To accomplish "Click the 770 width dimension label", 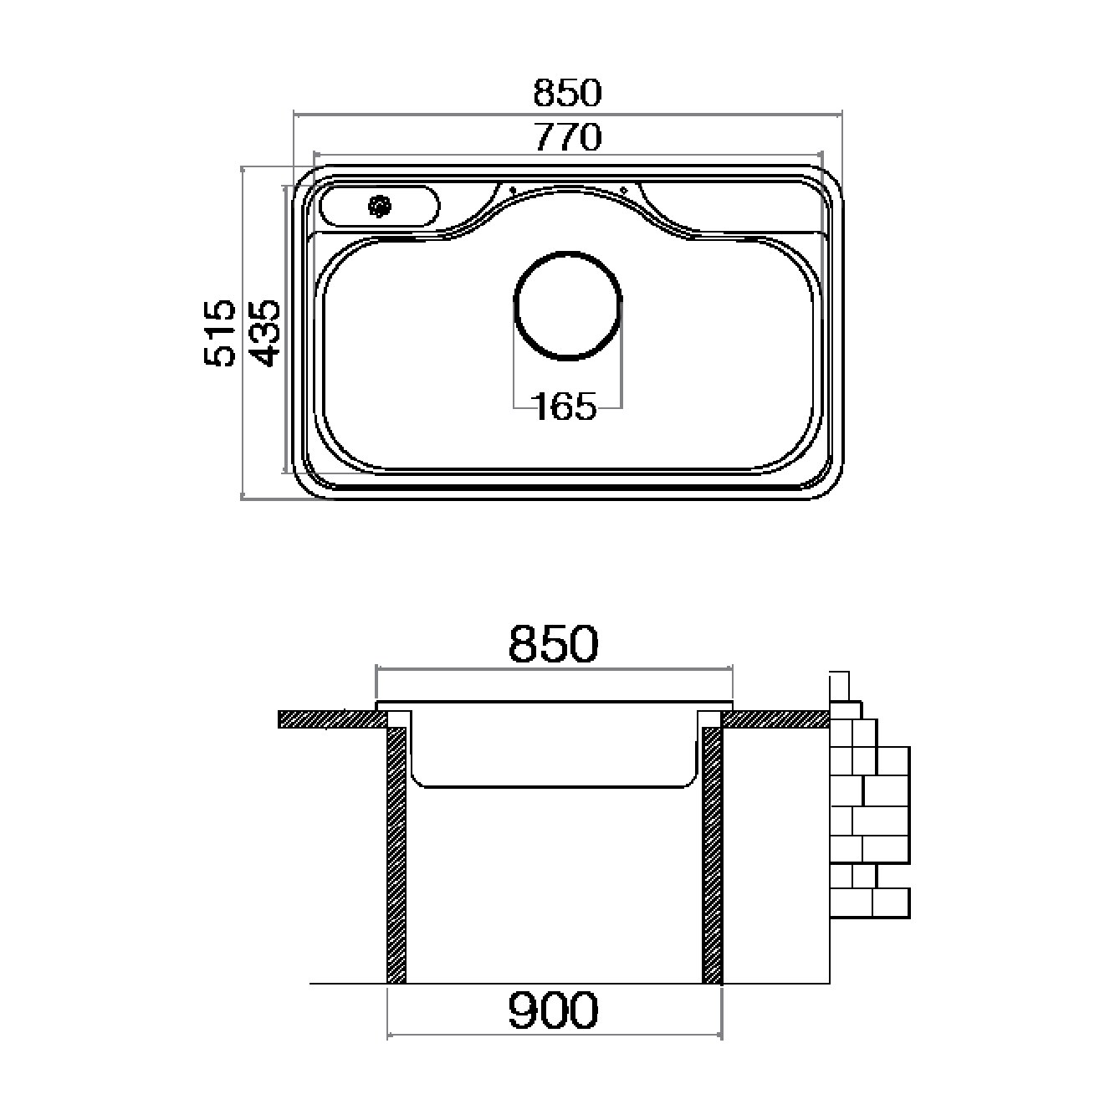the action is tap(568, 137).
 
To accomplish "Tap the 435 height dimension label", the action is tap(267, 333).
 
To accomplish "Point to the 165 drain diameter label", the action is tap(565, 407).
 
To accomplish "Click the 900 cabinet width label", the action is tap(553, 1010).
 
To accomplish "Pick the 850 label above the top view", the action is tap(568, 93).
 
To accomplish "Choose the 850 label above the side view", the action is tap(553, 643).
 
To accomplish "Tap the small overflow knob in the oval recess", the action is tap(380, 206).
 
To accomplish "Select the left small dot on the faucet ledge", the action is tap(513, 189).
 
